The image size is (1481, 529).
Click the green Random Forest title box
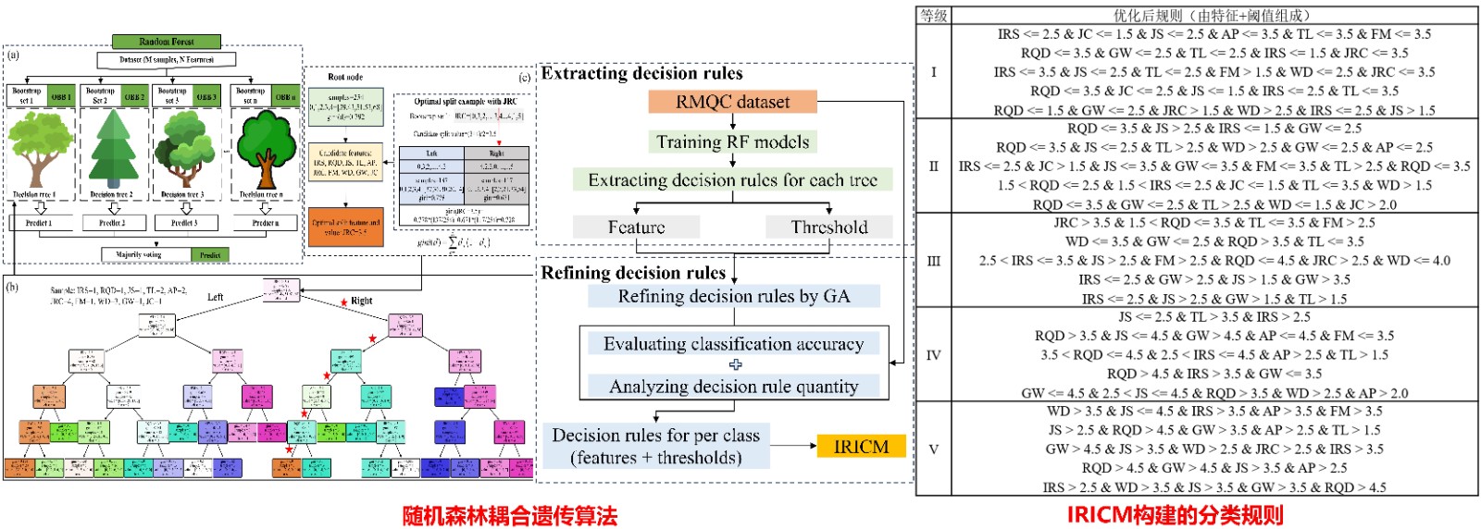(x=167, y=42)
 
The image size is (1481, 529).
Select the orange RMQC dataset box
(x=732, y=102)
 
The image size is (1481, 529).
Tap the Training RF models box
(x=732, y=141)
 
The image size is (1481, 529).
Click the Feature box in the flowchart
(x=636, y=227)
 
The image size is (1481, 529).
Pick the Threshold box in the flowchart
(x=828, y=227)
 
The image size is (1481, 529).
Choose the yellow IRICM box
(x=861, y=447)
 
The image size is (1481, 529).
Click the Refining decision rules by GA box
(x=733, y=296)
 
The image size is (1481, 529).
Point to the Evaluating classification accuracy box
(x=733, y=344)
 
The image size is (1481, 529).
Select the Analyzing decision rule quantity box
(x=733, y=387)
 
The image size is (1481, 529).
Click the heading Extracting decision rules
(x=641, y=73)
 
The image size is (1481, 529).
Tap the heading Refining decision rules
(x=633, y=273)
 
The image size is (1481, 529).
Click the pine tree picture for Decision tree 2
(x=113, y=148)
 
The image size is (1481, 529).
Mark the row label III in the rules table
(x=933, y=261)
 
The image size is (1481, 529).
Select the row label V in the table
(x=933, y=449)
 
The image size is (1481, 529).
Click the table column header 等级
(x=933, y=16)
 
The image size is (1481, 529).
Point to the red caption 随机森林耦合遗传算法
(x=509, y=515)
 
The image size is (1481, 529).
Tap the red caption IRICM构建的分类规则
(x=1175, y=515)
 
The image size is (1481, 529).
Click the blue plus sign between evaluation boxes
(x=735, y=364)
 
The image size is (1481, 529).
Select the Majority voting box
(x=139, y=254)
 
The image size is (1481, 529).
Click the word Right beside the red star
(x=362, y=301)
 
